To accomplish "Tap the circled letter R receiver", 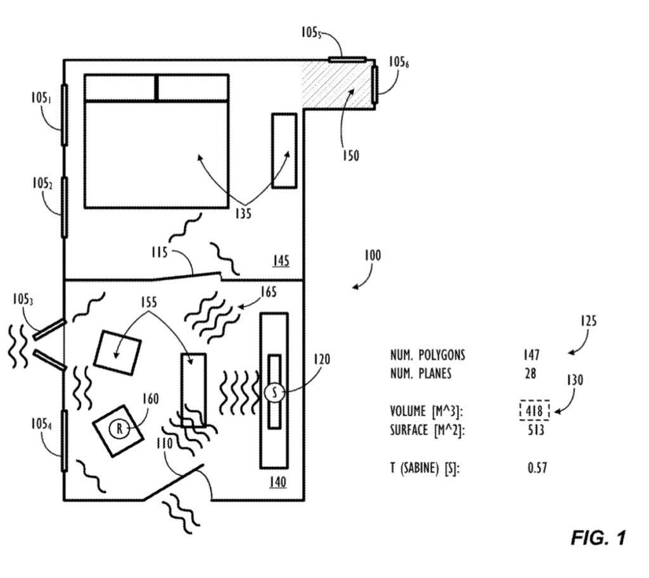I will pyautogui.click(x=119, y=429).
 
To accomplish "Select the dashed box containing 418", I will pyautogui.click(x=534, y=411).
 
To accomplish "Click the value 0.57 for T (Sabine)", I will pyautogui.click(x=537, y=468).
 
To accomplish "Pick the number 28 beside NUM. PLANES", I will pyautogui.click(x=531, y=373).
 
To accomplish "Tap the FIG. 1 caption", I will pyautogui.click(x=598, y=539).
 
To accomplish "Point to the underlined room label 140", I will pyautogui.click(x=276, y=482).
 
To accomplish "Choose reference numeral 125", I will pyautogui.click(x=587, y=322).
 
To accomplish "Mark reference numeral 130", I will pyautogui.click(x=575, y=380).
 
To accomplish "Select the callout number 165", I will pyautogui.click(x=268, y=292).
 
